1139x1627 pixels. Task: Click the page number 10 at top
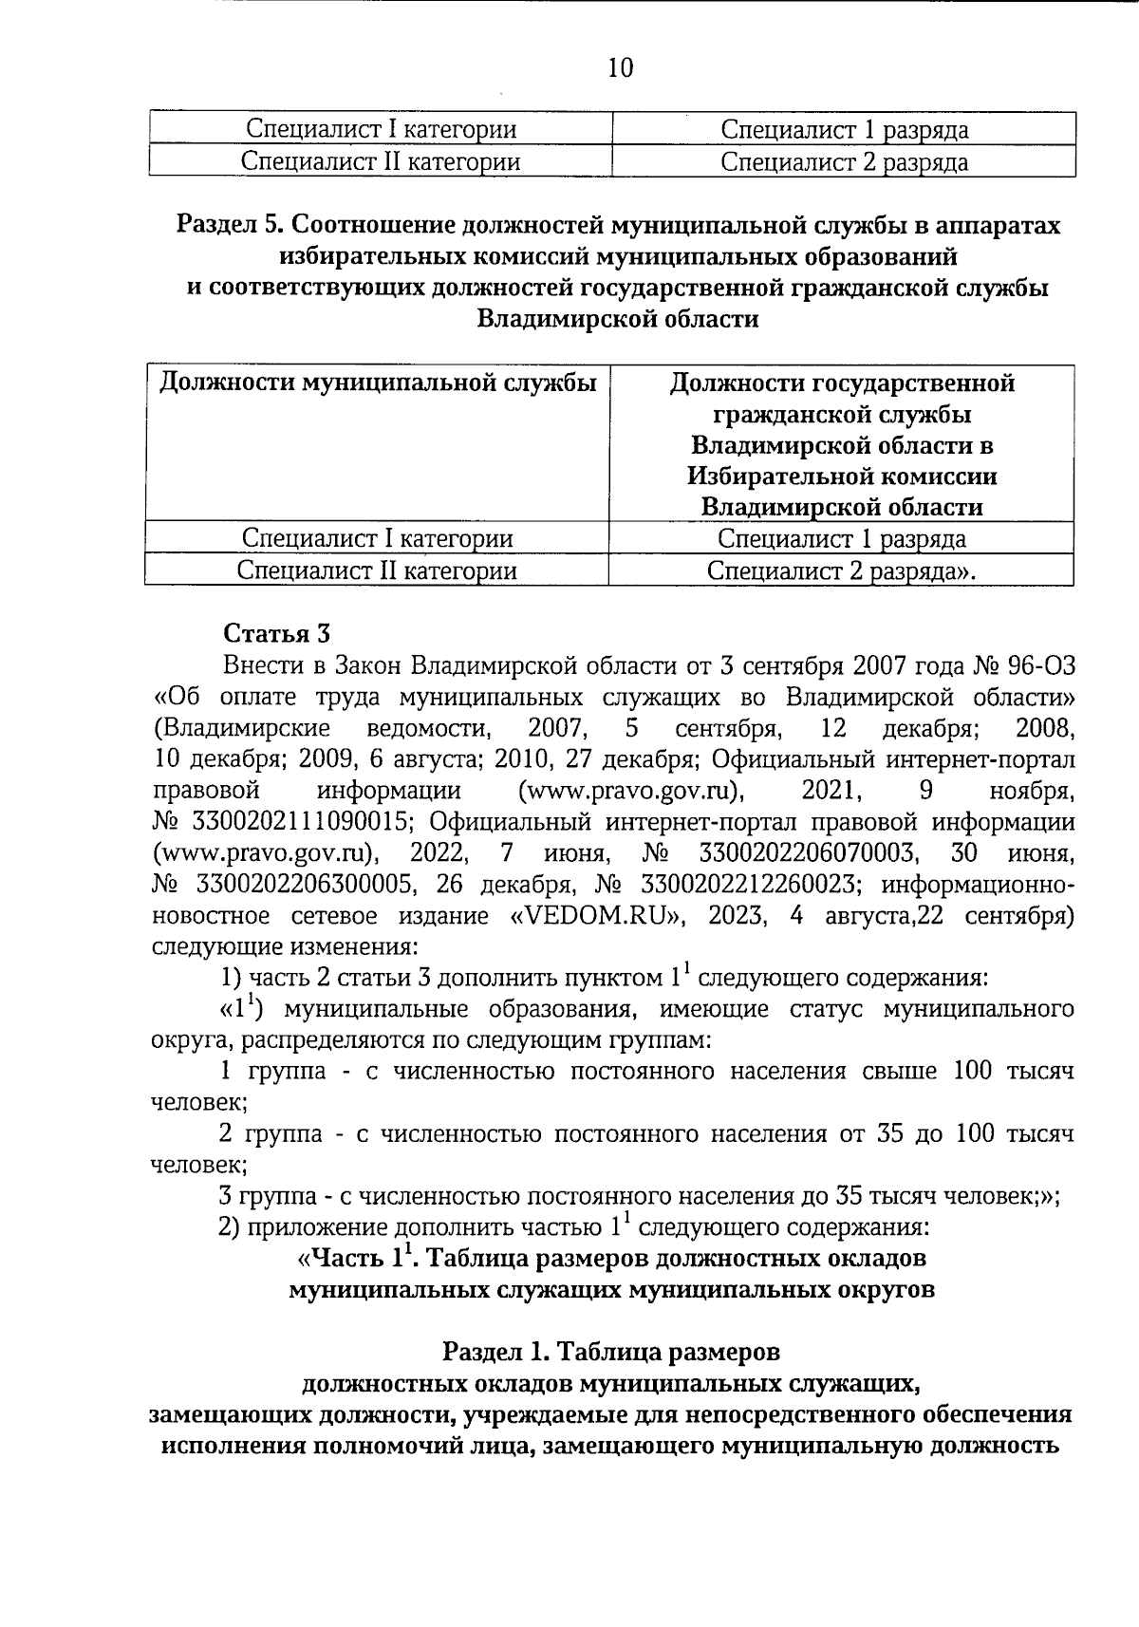point(619,68)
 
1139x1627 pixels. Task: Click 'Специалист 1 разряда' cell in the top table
point(844,130)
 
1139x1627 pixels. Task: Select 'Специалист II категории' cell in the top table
point(381,161)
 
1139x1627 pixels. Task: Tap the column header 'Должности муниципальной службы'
point(378,383)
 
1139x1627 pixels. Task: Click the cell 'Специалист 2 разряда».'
point(842,570)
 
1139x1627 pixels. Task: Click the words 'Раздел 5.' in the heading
point(230,226)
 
